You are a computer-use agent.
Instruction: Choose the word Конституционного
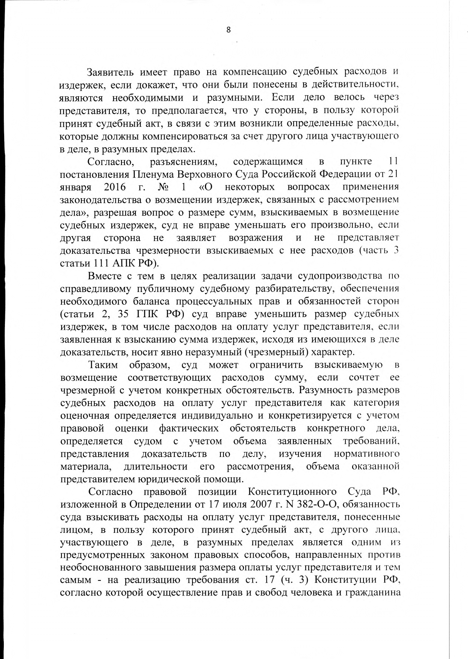click(x=292, y=492)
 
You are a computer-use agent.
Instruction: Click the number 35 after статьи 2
click(x=124, y=314)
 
